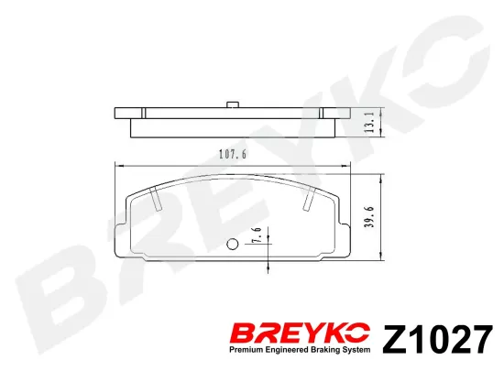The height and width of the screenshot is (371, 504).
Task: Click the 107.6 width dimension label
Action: coord(233,155)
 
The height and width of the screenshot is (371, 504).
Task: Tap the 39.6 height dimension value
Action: coord(370,217)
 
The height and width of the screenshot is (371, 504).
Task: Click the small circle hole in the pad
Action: coord(232,245)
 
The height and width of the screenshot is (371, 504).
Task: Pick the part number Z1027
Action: coord(437,340)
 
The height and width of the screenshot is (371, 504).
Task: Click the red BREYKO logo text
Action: coord(301,333)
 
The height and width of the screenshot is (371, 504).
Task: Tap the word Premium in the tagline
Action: coord(242,350)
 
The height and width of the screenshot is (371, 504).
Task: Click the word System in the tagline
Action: coord(356,350)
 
